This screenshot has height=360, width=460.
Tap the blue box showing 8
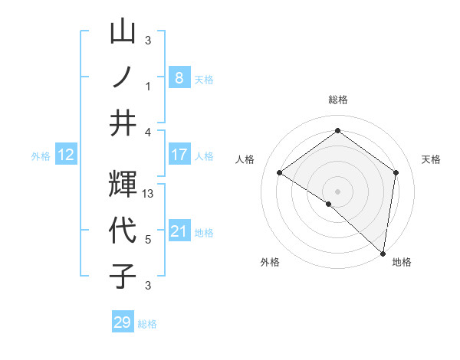[x=179, y=77]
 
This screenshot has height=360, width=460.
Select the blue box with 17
[x=179, y=155]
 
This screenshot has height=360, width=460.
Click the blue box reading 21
[x=179, y=231]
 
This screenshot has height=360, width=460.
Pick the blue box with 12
[x=66, y=155]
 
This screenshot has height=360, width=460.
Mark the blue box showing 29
[x=123, y=322]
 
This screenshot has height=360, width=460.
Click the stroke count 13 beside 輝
[x=149, y=194]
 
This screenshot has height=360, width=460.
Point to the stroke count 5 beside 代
[x=148, y=240]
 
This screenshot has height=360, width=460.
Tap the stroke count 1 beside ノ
[x=148, y=87]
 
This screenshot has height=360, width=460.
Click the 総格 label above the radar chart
[x=337, y=100]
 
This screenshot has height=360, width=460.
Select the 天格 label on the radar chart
[x=431, y=159]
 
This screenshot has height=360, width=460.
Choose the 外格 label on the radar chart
[x=269, y=262]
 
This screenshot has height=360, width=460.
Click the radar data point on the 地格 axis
[x=383, y=253]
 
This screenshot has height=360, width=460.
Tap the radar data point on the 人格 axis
[x=280, y=172]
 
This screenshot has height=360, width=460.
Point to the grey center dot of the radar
[x=337, y=191]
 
